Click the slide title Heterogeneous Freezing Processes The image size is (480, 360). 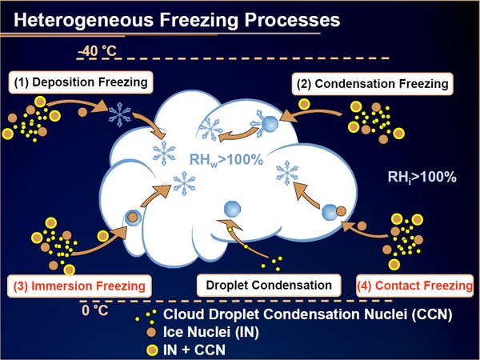click(177, 20)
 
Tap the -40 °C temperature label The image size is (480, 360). click(98, 51)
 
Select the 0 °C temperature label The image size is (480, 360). click(95, 310)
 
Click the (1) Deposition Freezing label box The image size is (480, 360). click(81, 82)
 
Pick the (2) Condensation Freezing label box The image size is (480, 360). click(373, 84)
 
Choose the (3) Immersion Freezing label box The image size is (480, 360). click(79, 286)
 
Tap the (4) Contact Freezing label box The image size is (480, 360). click(414, 286)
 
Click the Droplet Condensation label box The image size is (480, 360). click(269, 286)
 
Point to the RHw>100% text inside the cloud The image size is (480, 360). click(226, 160)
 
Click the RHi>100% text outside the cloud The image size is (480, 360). click(422, 178)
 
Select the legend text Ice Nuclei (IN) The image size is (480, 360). click(211, 332)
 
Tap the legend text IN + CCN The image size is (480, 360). click(194, 350)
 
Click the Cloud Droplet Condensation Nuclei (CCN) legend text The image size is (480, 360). click(308, 314)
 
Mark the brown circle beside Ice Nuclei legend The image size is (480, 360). click(151, 332)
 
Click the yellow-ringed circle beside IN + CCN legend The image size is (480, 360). click(152, 350)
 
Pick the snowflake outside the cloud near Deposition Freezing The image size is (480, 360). click(120, 114)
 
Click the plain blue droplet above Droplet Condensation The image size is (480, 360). click(232, 209)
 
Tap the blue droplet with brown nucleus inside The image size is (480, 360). click(133, 218)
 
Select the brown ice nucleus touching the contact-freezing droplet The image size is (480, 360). click(341, 211)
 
